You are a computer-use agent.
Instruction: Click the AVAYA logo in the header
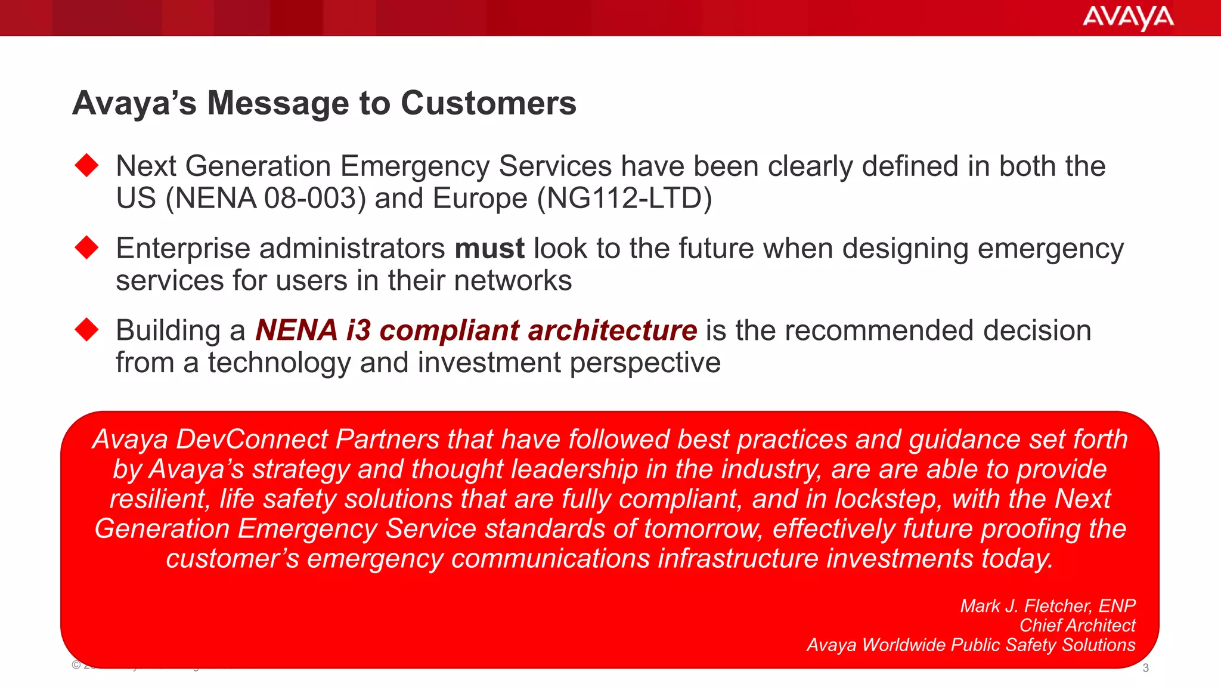1127,18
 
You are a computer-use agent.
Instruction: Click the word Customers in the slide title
488,103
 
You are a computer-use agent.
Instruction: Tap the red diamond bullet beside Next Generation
87,165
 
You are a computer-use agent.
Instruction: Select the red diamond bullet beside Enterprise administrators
87,247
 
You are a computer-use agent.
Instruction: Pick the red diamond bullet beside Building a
87,330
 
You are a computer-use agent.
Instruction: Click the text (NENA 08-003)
266,199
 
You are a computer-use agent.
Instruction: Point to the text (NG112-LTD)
624,199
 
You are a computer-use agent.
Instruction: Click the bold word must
489,248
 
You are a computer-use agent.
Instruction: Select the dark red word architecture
612,330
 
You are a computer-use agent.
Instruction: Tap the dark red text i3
358,330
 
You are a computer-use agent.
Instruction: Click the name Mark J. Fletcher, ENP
1048,606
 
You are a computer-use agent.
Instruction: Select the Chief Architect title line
1077,626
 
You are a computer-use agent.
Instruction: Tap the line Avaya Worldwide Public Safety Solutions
971,645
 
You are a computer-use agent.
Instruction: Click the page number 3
1145,668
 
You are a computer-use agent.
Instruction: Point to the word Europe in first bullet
480,199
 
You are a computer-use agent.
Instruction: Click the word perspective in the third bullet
645,363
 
